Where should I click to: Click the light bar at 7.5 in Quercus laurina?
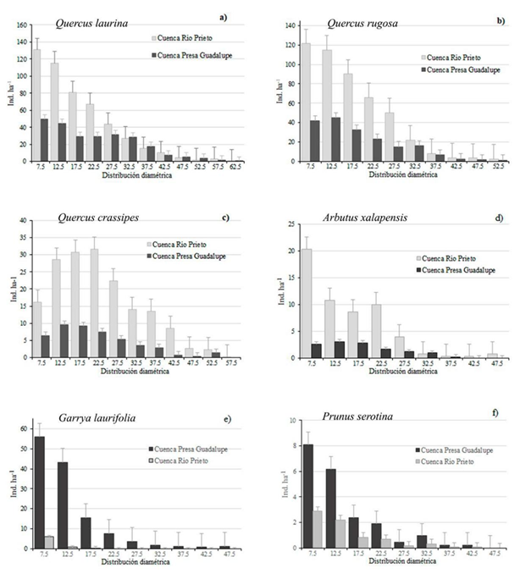[36, 105]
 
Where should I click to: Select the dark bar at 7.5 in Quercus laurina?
[44, 140]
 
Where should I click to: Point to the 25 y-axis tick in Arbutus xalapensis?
[290, 224]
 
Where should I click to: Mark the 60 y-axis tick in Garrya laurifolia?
[21, 428]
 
